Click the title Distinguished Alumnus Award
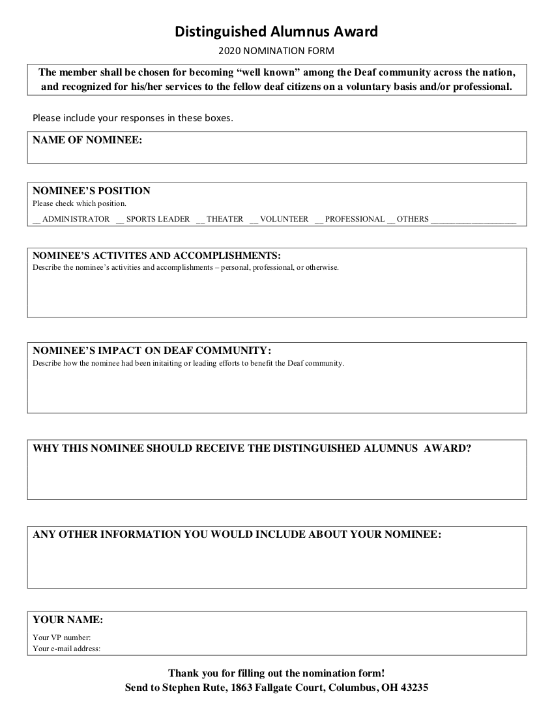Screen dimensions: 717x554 (x=276, y=31)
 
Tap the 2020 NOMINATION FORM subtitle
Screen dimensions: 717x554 (x=276, y=50)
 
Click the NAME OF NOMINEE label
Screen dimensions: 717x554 (x=87, y=139)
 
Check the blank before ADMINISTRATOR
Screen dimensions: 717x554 (x=36, y=220)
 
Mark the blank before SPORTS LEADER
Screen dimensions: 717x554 (x=120, y=220)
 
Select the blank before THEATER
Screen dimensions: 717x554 (x=200, y=220)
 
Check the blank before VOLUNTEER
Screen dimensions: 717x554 (x=254, y=220)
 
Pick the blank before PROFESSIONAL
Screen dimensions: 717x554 (x=319, y=220)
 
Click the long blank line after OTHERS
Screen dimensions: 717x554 (x=474, y=220)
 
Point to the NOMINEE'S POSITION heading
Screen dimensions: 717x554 (x=91, y=191)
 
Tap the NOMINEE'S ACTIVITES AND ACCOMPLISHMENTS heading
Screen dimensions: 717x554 (x=156, y=255)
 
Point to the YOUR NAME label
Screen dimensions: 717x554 (x=68, y=619)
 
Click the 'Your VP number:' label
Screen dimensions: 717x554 (x=62, y=637)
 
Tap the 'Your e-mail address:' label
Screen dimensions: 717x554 (x=66, y=648)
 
